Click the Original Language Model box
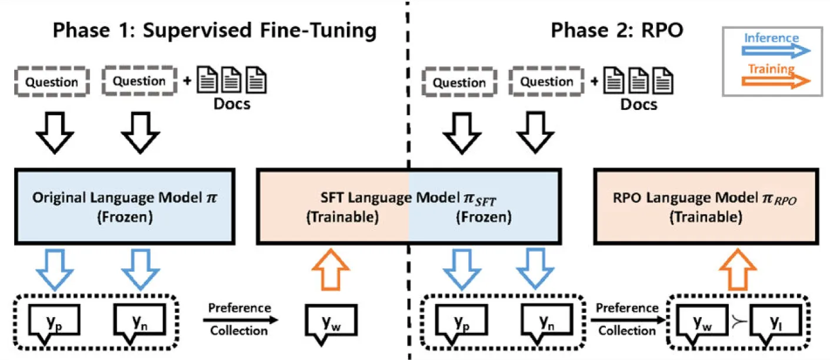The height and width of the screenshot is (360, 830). pos(125,206)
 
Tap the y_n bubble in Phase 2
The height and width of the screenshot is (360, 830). pos(547,323)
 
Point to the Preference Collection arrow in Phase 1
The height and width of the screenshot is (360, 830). pos(241,320)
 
